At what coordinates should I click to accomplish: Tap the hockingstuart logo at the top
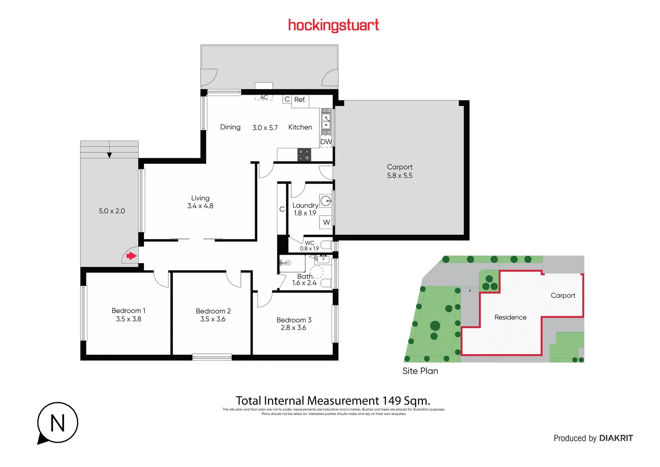333,25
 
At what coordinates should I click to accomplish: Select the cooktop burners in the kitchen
304,155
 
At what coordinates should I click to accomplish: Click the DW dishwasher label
326,142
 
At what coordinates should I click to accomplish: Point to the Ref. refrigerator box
300,100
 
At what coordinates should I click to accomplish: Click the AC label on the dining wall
264,98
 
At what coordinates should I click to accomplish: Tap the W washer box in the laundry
326,222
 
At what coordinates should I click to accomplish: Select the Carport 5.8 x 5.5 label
399,171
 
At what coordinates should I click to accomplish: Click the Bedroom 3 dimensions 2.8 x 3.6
293,328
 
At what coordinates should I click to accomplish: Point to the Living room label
200,198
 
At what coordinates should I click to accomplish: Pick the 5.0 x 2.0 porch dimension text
112,211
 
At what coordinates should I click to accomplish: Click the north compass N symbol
57,423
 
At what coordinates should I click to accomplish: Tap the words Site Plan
420,371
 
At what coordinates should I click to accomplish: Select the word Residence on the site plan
510,317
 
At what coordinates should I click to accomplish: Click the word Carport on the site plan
563,296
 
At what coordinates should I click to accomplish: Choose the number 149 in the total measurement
392,401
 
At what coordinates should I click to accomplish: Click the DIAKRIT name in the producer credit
616,438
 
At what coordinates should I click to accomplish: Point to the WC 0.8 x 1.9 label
309,246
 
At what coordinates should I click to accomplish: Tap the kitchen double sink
326,121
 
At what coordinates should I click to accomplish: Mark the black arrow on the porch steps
109,155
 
